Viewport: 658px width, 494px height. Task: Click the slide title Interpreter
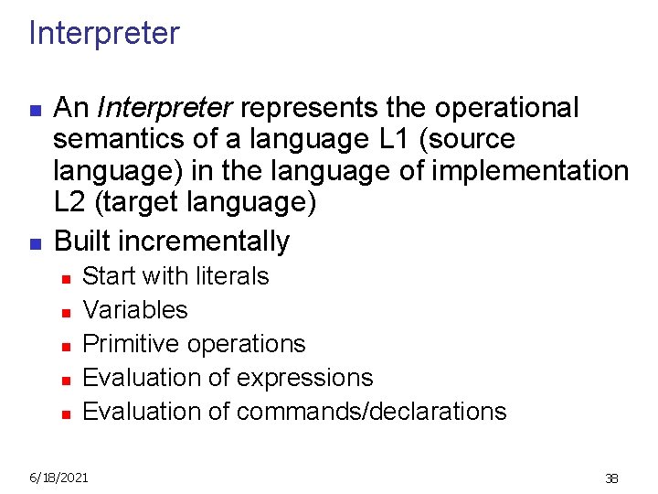tap(104, 34)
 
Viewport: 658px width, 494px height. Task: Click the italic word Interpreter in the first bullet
tap(165, 108)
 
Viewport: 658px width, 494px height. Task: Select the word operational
tap(508, 108)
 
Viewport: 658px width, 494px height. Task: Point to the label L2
tap(71, 202)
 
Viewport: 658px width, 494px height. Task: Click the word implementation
tap(532, 171)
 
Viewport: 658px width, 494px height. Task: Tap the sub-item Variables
tap(135, 310)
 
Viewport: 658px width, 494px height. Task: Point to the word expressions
tap(304, 378)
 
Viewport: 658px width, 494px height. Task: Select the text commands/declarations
tap(371, 412)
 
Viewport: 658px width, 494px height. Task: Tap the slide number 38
tap(611, 478)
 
